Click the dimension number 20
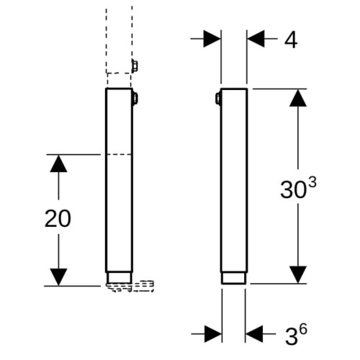pos(58,218)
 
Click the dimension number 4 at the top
pos(291,40)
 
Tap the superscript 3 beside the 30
pos(312,183)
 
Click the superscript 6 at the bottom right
pos(303,330)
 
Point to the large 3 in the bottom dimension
pos(292,336)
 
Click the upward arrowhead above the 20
pos(58,163)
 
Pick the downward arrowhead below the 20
pos(58,277)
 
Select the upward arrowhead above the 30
pos(298,98)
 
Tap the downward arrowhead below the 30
pos(298,275)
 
